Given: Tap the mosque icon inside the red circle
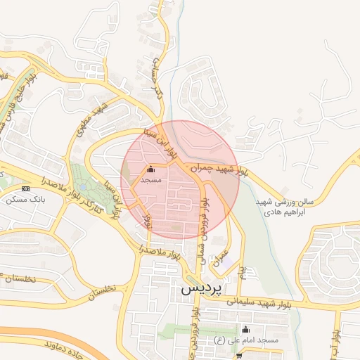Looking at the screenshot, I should coord(150,169).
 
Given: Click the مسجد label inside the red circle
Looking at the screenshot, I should coord(150,181).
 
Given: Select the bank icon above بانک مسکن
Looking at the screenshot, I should coord(26,188).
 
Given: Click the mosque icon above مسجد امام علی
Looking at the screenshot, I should coord(245,329).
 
